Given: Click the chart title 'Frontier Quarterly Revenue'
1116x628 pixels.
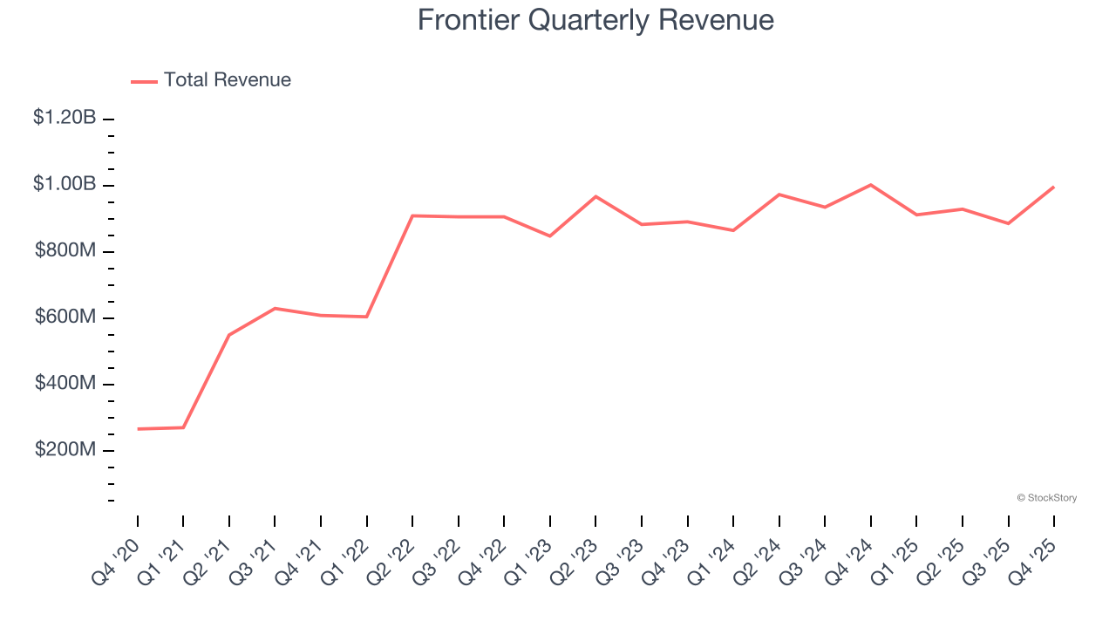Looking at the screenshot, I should (595, 20).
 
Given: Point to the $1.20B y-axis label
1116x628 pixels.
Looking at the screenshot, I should (65, 117).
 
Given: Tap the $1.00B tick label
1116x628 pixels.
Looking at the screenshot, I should (65, 184).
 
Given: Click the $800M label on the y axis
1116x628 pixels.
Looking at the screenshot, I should (65, 250).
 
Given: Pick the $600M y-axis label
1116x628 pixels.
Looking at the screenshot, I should (65, 317).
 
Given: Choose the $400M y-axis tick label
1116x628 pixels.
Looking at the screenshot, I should (65, 383).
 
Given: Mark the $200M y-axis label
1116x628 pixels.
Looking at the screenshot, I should (65, 449).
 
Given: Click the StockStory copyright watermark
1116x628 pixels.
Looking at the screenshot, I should (1046, 498).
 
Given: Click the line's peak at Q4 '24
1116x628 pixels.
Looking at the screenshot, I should (871, 185).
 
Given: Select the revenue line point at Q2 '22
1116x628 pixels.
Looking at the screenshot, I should (412, 215).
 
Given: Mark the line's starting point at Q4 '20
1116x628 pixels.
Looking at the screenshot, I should (138, 429).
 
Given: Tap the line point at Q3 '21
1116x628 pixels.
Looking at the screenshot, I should (275, 308).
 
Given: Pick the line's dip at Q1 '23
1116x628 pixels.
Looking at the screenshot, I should (550, 235).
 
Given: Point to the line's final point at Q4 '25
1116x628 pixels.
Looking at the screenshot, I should (1054, 187).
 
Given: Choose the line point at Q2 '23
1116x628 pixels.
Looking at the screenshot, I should (595, 196).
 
